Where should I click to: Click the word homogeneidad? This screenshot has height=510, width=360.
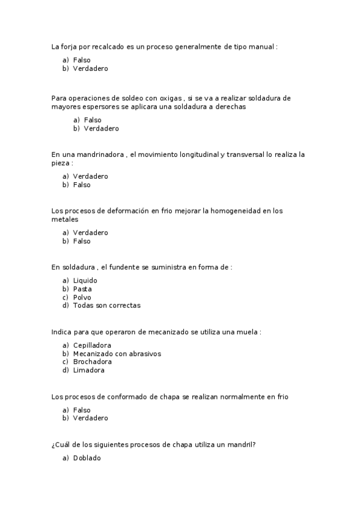tap(241, 210)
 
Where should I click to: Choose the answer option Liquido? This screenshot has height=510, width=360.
tap(85, 280)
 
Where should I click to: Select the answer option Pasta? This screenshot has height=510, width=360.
tap(82, 289)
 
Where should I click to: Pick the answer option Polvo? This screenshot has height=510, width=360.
tap(82, 297)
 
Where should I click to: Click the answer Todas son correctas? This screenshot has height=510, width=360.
tap(106, 306)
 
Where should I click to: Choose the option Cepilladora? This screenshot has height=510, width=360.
tap(92, 345)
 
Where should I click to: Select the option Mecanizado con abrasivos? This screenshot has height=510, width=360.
tap(117, 354)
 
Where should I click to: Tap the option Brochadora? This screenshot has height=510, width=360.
tap(92, 362)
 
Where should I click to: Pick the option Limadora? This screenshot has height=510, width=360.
tap(89, 370)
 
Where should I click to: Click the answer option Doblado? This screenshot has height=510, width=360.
tap(87, 458)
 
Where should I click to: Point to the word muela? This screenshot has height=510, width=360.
tap(248, 331)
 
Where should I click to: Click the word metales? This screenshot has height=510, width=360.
tap(64, 219)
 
